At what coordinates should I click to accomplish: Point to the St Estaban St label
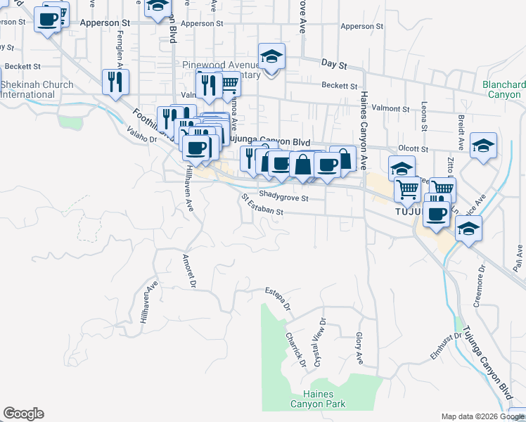tap(261, 206)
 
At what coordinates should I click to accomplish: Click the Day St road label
tap(335, 64)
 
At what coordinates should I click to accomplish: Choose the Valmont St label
tap(390, 109)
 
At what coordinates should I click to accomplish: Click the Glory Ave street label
tap(359, 348)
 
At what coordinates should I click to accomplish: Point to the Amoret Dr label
tap(189, 271)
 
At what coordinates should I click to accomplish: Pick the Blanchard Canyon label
tap(504, 89)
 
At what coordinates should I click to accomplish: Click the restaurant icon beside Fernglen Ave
tap(114, 82)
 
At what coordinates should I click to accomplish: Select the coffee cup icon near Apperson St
tap(49, 20)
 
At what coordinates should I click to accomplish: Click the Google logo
tap(23, 414)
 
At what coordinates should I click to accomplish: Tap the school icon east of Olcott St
tap(483, 145)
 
